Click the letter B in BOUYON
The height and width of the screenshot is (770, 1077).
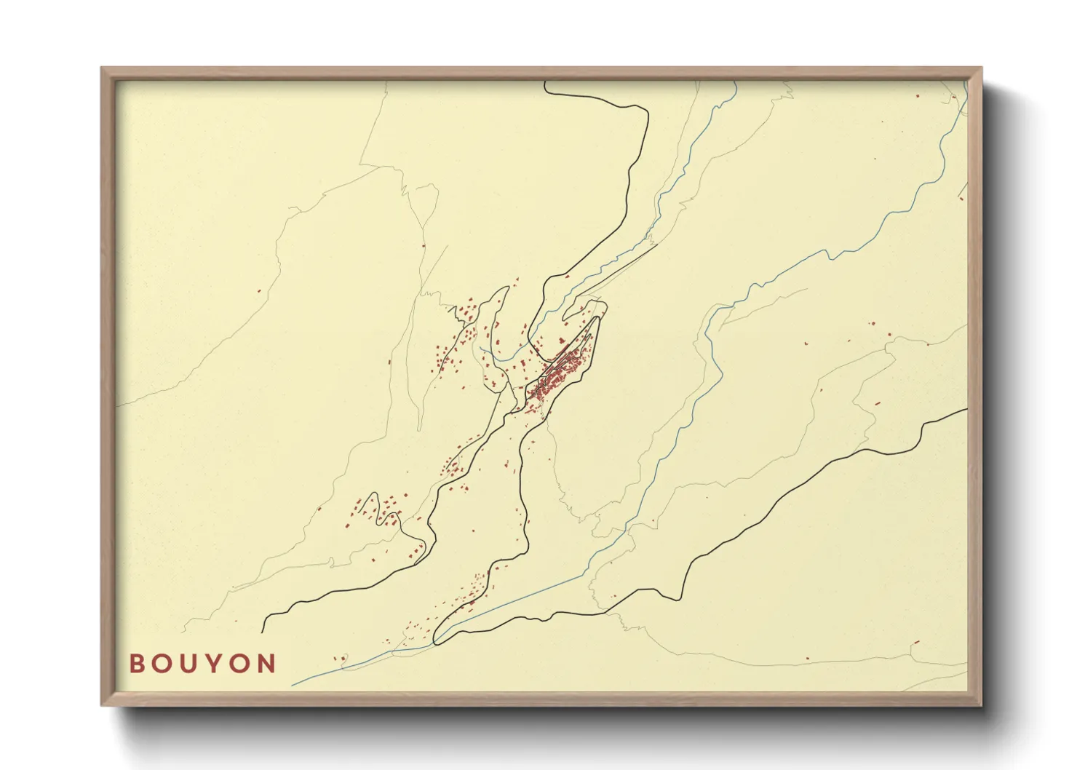(x=136, y=664)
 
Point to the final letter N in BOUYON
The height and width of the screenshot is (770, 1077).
(x=267, y=664)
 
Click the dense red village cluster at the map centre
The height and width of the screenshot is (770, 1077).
(x=560, y=375)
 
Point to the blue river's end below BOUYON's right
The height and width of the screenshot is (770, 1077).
(x=293, y=685)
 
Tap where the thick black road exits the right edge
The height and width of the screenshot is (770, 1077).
(x=966, y=410)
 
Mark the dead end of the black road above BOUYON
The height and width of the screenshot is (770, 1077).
(x=263, y=632)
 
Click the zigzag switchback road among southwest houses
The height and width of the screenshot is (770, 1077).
(x=375, y=509)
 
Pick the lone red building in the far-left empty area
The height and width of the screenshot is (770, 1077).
(x=258, y=291)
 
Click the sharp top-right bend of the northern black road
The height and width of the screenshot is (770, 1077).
(x=645, y=111)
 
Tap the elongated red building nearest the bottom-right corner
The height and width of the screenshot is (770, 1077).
(x=916, y=642)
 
